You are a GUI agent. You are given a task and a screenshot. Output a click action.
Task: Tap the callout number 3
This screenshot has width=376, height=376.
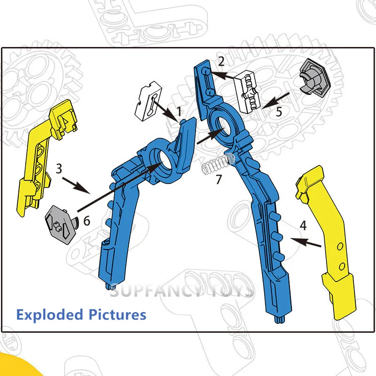[59, 169]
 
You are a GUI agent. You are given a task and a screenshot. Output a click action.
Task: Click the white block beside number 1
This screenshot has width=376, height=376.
[149, 101]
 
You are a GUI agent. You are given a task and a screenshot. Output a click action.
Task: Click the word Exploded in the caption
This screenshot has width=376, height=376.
[50, 314]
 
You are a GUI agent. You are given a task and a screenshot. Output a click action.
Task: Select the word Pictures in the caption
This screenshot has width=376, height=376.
[117, 314]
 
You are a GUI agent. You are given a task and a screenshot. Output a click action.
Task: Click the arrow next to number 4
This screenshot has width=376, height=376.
[305, 243]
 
